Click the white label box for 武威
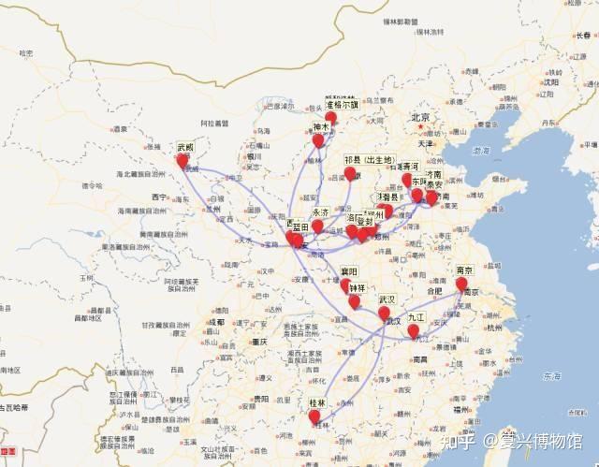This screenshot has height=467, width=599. pyautogui.click(x=185, y=147)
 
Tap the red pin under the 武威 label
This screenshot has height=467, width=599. pyautogui.click(x=183, y=161)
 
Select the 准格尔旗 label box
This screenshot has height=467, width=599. pyautogui.click(x=342, y=105)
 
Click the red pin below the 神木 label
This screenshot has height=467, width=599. pyautogui.click(x=318, y=141)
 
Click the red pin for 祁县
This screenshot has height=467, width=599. pyautogui.click(x=350, y=173)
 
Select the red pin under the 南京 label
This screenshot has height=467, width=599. pyautogui.click(x=461, y=284)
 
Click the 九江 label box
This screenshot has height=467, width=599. pyautogui.click(x=416, y=317)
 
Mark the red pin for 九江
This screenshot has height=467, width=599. pyautogui.click(x=413, y=330)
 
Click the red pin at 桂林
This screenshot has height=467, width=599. pyautogui.click(x=314, y=416)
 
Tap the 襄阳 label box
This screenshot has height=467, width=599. pyautogui.click(x=349, y=271)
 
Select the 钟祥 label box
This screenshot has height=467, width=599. pyautogui.click(x=358, y=288)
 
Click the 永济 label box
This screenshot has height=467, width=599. pyautogui.click(x=321, y=212)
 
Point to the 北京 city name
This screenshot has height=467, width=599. pyautogui.click(x=420, y=117)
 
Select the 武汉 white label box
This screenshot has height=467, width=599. pyautogui.click(x=387, y=299)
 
